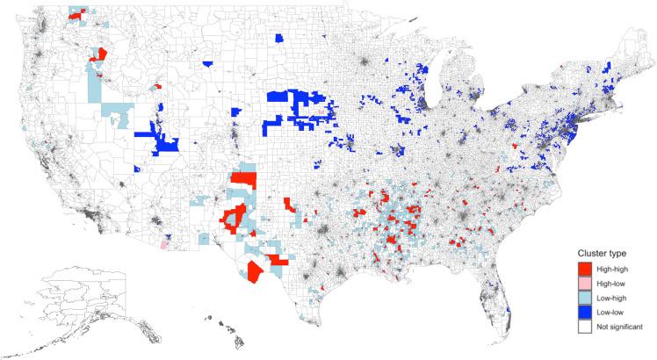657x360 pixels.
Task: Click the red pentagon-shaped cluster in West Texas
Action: [x=255, y=270]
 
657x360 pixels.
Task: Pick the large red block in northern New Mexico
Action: [x=244, y=180]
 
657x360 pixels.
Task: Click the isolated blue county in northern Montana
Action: [x=279, y=38]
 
